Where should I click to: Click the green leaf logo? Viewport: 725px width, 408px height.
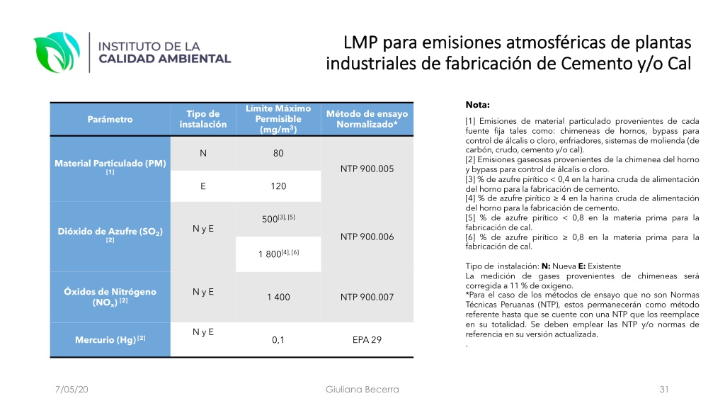pos(57,52)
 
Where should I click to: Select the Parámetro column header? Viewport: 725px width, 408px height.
pos(110,119)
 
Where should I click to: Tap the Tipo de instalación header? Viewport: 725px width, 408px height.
pos(203,119)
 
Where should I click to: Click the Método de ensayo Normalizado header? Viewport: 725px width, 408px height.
pos(367,119)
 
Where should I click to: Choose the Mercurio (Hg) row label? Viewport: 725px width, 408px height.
pos(110,339)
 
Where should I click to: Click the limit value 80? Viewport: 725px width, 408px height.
pos(278,153)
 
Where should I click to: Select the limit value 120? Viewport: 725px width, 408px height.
pos(278,186)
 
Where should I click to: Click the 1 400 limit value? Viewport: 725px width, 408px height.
pos(278,297)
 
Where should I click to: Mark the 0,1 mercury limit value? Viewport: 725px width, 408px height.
pos(278,340)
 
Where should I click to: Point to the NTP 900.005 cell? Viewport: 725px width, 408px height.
pos(367,169)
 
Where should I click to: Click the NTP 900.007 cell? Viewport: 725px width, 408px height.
pos(367,297)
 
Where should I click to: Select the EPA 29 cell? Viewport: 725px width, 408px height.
pos(367,339)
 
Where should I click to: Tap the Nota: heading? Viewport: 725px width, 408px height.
pos(478,105)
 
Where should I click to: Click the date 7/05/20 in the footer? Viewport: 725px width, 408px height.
pos(72,390)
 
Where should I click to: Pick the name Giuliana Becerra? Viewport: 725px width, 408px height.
pos(362,390)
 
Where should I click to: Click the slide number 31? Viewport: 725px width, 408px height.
pos(664,390)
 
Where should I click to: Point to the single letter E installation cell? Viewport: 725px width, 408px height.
pos(203,186)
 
